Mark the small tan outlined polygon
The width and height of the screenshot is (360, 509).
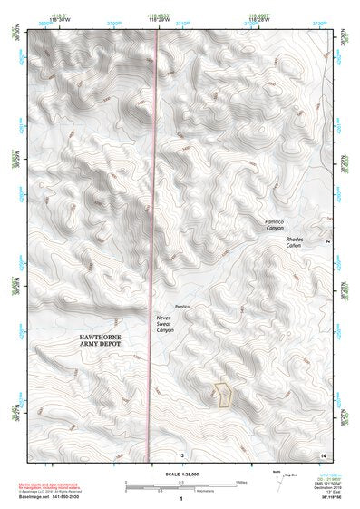pos(222,394)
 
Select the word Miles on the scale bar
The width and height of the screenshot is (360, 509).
pos(239,481)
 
